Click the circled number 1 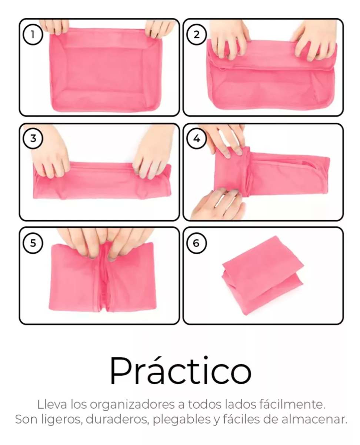tap(33, 34)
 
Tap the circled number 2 tap(196, 34)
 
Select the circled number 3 tap(33, 138)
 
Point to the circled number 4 tap(196, 138)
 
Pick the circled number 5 tap(33, 243)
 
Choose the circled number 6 tap(196, 243)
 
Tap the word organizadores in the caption tap(132, 405)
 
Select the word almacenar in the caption tap(314, 419)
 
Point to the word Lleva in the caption tap(52, 404)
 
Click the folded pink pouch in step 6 tap(263, 275)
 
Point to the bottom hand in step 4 tap(219, 203)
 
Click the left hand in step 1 tap(54, 26)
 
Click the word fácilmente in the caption tap(293, 404)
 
